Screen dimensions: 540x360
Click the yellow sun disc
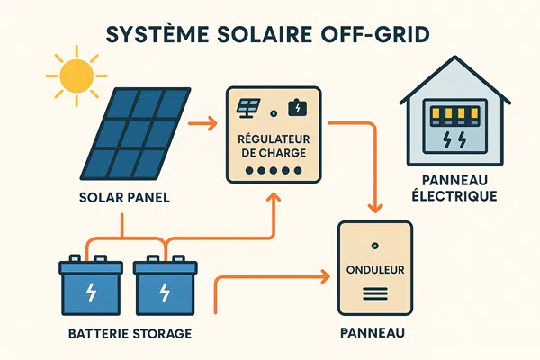(76, 76)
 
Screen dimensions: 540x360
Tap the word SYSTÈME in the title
(157, 34)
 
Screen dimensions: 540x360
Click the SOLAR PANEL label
(124, 198)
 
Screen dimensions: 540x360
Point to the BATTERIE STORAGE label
(130, 334)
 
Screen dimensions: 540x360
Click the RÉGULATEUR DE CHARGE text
(274, 146)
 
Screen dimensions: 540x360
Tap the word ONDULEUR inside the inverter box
(375, 270)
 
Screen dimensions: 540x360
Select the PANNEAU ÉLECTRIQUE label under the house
(454, 188)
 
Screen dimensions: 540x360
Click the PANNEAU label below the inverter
(373, 333)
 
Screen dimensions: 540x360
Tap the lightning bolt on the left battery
(91, 292)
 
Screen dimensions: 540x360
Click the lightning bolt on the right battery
(166, 292)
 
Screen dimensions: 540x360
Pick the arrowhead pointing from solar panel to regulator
(212, 123)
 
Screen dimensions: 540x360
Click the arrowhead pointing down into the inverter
(375, 209)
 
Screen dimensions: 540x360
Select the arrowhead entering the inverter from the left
(326, 276)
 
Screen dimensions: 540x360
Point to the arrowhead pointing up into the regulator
(274, 197)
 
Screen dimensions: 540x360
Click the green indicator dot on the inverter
(375, 246)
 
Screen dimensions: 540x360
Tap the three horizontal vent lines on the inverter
(375, 293)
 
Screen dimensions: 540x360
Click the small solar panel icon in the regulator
(248, 108)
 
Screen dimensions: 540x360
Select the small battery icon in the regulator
(298, 108)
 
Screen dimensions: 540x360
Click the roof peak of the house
(455, 58)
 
